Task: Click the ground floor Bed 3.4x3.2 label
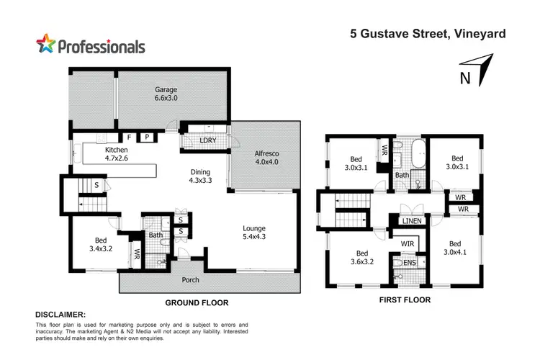pyautogui.click(x=99, y=246)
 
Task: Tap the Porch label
pyautogui.click(x=189, y=280)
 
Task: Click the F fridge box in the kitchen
pyautogui.click(x=130, y=136)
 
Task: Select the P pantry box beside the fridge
pyautogui.click(x=146, y=136)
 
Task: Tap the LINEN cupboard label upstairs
pyautogui.click(x=412, y=221)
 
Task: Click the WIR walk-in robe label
pyautogui.click(x=407, y=244)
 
